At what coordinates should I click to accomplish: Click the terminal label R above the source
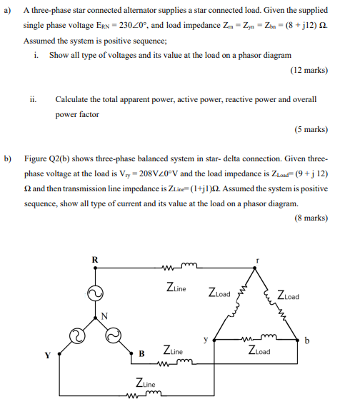click(95, 258)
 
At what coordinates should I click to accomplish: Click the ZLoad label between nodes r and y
click(219, 293)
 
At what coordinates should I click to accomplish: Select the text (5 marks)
click(311, 130)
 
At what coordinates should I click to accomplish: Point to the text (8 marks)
click(311, 218)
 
